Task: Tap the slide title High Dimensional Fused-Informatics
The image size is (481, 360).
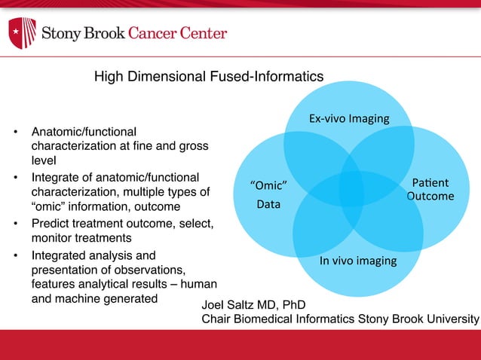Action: [x=208, y=77]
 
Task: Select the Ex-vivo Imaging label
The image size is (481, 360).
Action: [x=349, y=118]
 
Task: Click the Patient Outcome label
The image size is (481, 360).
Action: [x=430, y=189]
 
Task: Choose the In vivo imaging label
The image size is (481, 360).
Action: [x=358, y=261]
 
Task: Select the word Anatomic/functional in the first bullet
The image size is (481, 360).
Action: [x=84, y=132]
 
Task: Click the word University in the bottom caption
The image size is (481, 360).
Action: [x=452, y=319]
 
